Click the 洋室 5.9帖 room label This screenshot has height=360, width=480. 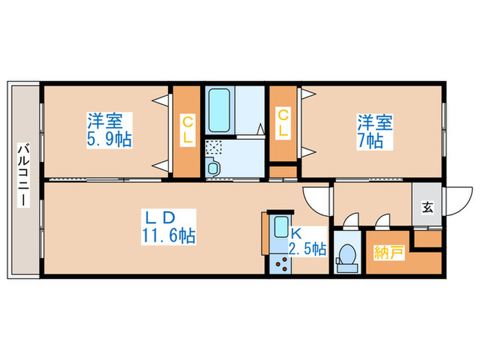(x=109, y=130)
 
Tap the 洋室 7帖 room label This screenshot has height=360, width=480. (x=374, y=131)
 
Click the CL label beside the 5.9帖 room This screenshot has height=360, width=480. (x=187, y=130)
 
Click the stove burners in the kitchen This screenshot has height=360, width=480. (x=282, y=263)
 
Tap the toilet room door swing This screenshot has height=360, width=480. (x=352, y=221)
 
